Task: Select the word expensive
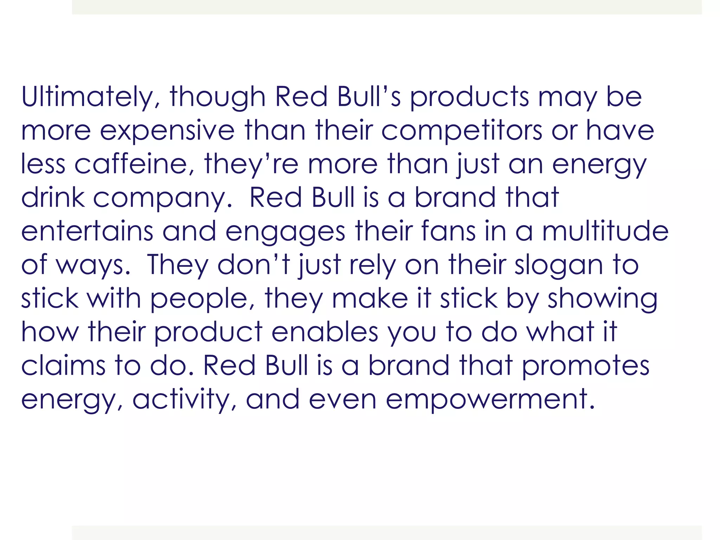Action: (x=167, y=130)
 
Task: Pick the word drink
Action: (x=53, y=197)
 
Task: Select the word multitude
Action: (x=605, y=231)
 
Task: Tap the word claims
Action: (x=63, y=366)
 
